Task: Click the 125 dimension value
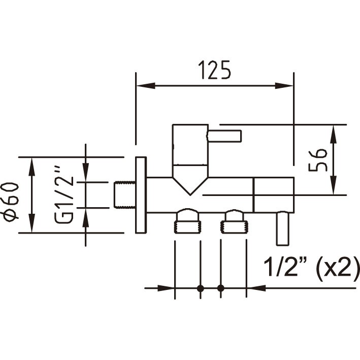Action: (214, 70)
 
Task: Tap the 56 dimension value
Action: (318, 160)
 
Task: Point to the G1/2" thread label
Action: (64, 194)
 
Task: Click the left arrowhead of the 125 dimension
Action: (146, 86)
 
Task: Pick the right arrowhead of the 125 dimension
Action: (284, 86)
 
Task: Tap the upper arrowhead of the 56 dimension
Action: (334, 135)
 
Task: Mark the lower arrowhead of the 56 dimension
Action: (334, 185)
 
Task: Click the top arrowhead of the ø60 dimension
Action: (31, 167)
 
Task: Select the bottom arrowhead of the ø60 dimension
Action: (31, 223)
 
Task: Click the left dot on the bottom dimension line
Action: (201, 288)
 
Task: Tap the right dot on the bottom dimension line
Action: (221, 288)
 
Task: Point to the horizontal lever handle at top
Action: (224, 136)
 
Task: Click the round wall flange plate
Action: (141, 195)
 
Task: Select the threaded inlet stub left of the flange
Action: (125, 195)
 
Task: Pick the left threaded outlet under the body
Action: (187, 221)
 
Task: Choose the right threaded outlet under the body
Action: (234, 221)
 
